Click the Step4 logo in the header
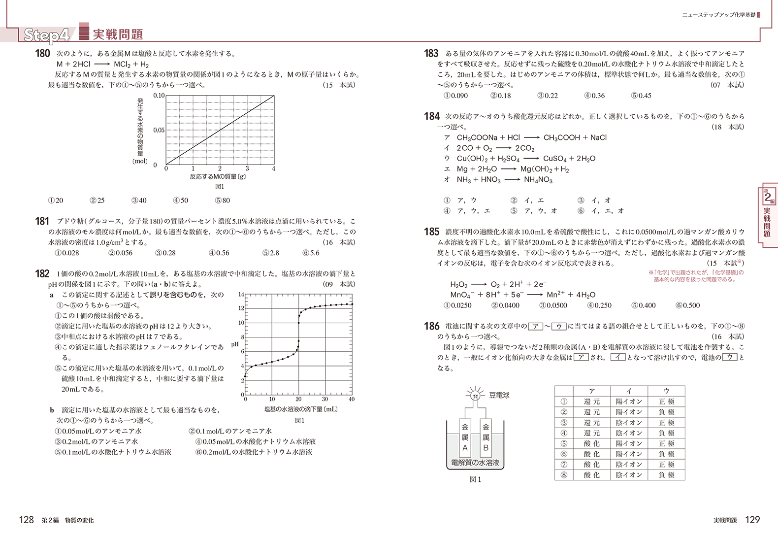(47, 34)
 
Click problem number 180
(42, 53)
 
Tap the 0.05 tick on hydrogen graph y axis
(159, 130)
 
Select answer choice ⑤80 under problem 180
(222, 201)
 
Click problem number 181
(42, 221)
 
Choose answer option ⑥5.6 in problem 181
(311, 253)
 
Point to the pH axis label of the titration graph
(235, 344)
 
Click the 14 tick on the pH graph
(241, 295)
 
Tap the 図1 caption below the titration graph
(299, 421)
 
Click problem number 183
(431, 53)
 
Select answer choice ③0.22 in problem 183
(547, 96)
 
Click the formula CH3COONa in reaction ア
(477, 138)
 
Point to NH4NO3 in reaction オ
(538, 180)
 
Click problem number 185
(431, 232)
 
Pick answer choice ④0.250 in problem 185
(599, 305)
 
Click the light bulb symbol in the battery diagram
(475, 396)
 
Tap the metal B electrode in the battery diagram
(486, 437)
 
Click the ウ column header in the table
(666, 391)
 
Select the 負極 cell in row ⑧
(666, 475)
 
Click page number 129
(752, 520)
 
